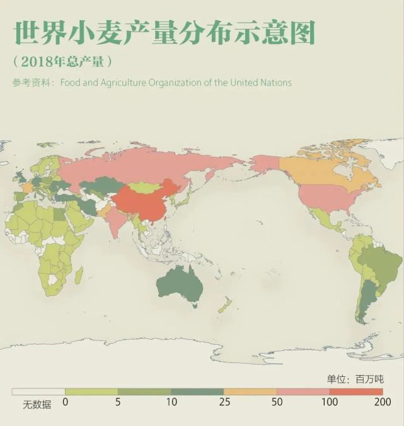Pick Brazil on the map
pyautogui.click(x=378, y=264)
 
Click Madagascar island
pyautogui.click(x=78, y=276)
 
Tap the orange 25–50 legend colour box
pyautogui.click(x=250, y=391)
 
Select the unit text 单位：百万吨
pyautogui.click(x=355, y=379)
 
